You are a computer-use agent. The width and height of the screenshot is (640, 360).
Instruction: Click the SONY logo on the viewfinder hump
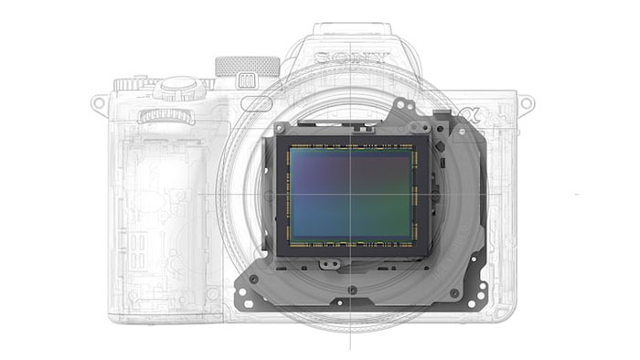(350, 58)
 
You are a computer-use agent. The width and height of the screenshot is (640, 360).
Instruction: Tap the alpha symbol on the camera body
(469, 116)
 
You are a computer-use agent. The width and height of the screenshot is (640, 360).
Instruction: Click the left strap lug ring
(99, 102)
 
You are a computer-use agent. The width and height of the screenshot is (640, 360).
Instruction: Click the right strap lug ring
(527, 103)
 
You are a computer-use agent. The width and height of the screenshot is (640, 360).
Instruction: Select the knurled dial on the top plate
(248, 67)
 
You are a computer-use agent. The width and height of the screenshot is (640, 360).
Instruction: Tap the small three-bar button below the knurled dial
(247, 80)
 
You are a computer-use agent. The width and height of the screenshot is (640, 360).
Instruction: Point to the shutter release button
(179, 85)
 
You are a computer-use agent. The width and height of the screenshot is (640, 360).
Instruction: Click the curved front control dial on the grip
(166, 117)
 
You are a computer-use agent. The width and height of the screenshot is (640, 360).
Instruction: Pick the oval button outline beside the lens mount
(257, 103)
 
